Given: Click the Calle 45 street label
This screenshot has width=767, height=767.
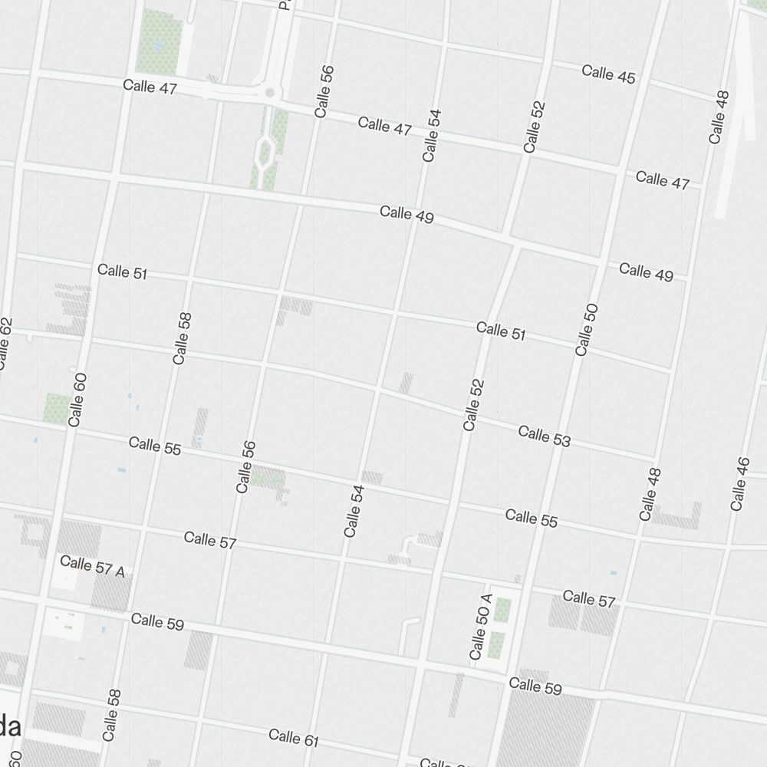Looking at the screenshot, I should (608, 74).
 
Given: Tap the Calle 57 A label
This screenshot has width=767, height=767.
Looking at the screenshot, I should (92, 565).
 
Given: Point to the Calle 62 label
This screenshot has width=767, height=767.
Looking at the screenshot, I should (5, 343).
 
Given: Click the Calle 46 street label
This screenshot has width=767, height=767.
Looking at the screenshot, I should (739, 484).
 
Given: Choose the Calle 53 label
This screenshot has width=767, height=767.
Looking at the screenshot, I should (545, 436).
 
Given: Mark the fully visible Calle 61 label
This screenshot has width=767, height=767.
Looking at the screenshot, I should (294, 738).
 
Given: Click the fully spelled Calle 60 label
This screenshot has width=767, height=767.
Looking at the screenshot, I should (77, 399).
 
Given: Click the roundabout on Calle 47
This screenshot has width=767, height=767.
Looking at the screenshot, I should (269, 93).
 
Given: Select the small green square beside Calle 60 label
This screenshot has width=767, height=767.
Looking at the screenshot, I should (56, 408).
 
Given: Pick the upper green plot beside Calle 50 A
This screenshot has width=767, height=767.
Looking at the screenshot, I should (502, 611).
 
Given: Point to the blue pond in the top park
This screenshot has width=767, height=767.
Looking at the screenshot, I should (159, 46).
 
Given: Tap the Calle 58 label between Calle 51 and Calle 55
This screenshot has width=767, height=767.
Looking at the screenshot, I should (182, 338).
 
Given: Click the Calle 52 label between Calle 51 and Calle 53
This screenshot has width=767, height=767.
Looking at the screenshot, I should (473, 404).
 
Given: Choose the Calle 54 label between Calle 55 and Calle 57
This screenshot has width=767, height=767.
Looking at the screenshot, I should (354, 510).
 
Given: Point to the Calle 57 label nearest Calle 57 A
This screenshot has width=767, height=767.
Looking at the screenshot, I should (210, 540).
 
